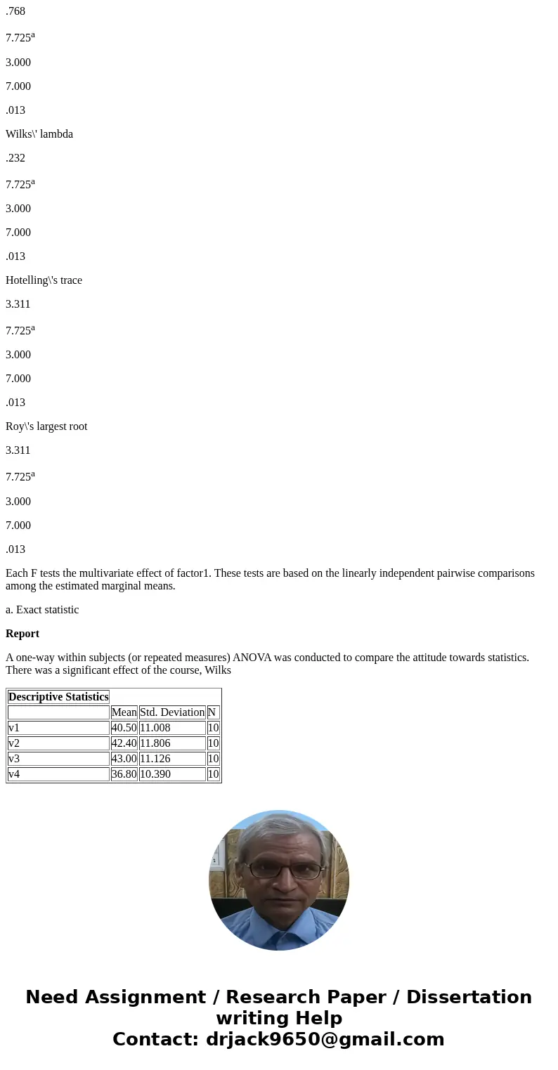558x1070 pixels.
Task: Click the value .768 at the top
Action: click(x=15, y=11)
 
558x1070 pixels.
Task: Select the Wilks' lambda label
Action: click(x=39, y=134)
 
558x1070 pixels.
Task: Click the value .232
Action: click(x=15, y=158)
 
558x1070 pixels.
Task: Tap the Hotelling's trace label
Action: click(x=44, y=280)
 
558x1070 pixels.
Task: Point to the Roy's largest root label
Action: click(x=46, y=426)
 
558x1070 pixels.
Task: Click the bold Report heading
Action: click(x=22, y=634)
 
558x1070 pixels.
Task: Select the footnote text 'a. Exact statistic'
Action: click(x=42, y=610)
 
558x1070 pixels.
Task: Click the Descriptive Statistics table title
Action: click(x=58, y=697)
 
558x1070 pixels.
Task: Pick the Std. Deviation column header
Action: click(x=172, y=712)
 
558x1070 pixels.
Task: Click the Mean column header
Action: click(x=124, y=712)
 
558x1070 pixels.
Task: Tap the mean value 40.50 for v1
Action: click(x=124, y=728)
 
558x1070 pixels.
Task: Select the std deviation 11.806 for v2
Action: click(x=155, y=743)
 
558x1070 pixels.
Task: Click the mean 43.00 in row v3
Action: click(x=124, y=759)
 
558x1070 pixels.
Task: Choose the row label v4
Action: click(x=14, y=774)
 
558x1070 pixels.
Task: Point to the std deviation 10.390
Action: click(x=155, y=774)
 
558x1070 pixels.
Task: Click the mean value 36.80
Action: click(x=124, y=774)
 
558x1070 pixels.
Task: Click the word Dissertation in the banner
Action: click(x=469, y=998)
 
